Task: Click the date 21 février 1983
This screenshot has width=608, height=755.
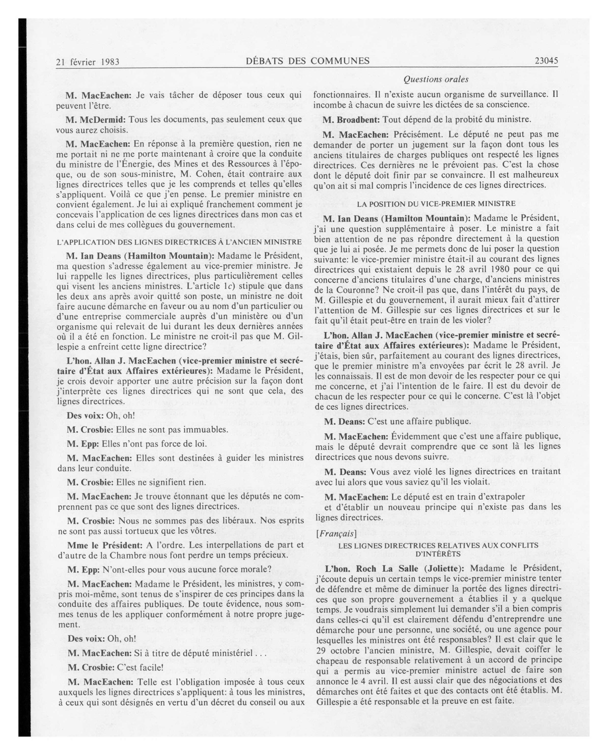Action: tap(88, 62)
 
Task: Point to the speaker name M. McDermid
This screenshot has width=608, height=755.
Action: tap(96, 120)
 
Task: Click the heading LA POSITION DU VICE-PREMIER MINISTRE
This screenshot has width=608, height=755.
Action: tap(436, 204)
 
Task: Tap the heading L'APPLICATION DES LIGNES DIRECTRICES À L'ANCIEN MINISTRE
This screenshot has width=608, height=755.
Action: tap(179, 242)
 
